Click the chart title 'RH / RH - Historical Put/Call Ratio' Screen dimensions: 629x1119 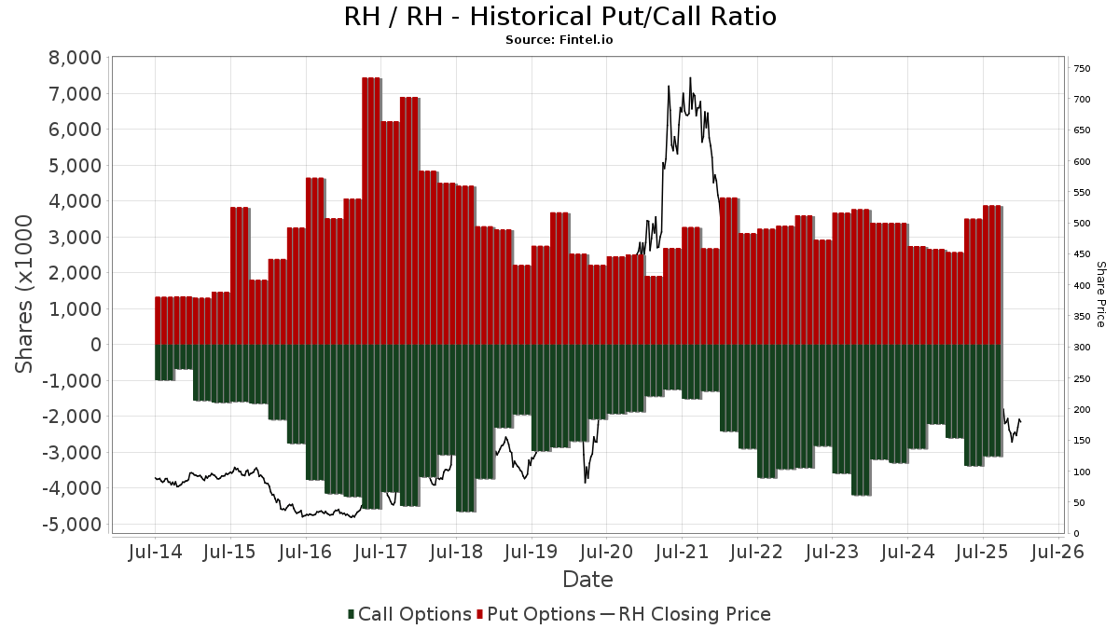[559, 17]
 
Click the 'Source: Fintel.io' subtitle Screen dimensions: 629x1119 [559, 40]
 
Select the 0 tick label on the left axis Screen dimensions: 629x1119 [94, 345]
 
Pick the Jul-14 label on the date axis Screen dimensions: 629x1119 [155, 553]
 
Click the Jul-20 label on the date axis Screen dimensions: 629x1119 [606, 553]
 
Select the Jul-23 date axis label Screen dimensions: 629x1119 [832, 553]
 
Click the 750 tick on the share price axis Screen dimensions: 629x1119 [1083, 69]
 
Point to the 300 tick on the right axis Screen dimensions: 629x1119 [1083, 348]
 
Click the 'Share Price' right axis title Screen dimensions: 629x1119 [1100, 294]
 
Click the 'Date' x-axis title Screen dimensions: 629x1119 [587, 580]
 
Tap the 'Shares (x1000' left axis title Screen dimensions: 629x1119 [26, 294]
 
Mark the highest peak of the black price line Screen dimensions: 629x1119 [690, 78]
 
